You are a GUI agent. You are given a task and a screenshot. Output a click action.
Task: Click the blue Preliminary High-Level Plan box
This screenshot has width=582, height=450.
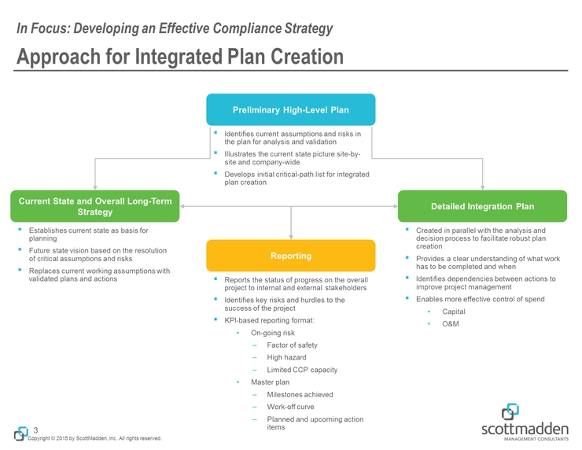pyautogui.click(x=291, y=109)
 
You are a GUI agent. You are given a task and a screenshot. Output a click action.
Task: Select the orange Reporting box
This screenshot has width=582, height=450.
pyautogui.click(x=291, y=256)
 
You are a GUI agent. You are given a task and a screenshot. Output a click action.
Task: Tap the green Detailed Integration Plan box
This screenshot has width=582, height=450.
pyautogui.click(x=482, y=206)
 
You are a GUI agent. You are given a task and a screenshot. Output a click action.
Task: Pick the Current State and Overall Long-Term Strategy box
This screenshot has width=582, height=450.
pyautogui.click(x=95, y=205)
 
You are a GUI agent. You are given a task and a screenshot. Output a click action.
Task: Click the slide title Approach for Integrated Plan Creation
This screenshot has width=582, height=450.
pyautogui.click(x=180, y=57)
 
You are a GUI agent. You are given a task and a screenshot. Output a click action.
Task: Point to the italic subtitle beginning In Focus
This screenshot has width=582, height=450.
pyautogui.click(x=175, y=29)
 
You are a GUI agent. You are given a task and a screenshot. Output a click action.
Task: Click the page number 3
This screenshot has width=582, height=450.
pyautogui.click(x=36, y=430)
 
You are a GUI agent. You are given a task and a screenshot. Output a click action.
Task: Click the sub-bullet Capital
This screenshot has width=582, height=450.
pyautogui.click(x=454, y=312)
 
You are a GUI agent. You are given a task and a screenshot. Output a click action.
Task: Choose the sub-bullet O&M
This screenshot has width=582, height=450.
pyautogui.click(x=451, y=324)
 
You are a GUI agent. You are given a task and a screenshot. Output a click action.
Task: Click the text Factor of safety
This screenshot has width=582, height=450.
pyautogui.click(x=292, y=345)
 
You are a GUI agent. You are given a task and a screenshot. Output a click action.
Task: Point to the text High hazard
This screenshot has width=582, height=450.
pyautogui.click(x=286, y=357)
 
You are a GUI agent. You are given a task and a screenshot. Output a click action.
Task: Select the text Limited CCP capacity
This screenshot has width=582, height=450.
pyautogui.click(x=302, y=370)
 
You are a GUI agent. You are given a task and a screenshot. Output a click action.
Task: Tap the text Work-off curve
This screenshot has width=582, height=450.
pyautogui.click(x=290, y=407)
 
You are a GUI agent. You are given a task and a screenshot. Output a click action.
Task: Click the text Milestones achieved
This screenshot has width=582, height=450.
pyautogui.click(x=300, y=394)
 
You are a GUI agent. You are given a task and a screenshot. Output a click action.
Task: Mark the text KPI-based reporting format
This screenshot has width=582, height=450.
pyautogui.click(x=270, y=321)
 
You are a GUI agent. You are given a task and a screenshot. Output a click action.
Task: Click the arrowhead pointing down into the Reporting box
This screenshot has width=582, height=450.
pyautogui.click(x=291, y=234)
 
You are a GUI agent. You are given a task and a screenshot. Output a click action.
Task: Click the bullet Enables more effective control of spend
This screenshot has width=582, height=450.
pyautogui.click(x=480, y=300)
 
